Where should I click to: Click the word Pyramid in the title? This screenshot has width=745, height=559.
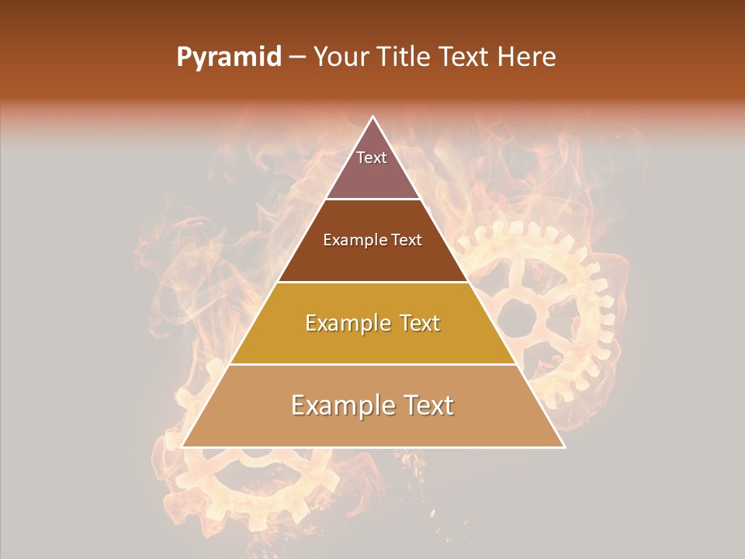click(228, 57)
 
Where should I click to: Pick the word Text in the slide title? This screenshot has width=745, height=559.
click(466, 57)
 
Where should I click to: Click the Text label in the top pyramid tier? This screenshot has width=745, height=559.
click(372, 158)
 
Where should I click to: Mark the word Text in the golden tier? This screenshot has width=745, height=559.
click(417, 323)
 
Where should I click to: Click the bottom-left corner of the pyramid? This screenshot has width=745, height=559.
click(182, 446)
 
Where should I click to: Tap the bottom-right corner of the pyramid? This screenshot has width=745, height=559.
click(564, 446)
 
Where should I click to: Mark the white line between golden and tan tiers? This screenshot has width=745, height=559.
click(372, 364)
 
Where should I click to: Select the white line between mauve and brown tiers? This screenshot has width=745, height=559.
click(372, 200)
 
